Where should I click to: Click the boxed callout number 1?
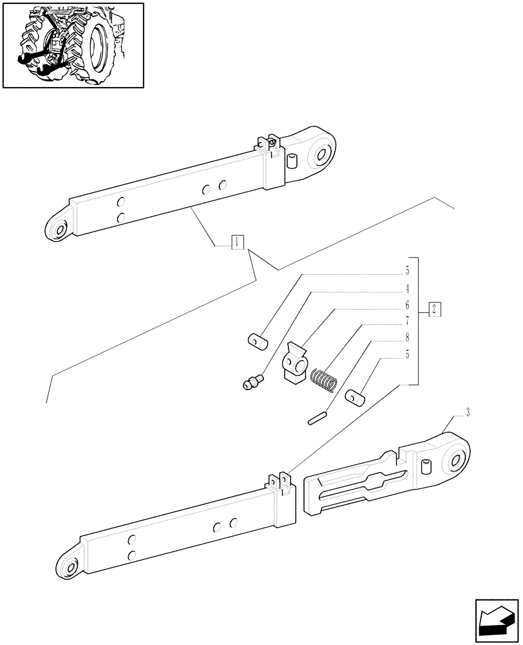pos(238,243)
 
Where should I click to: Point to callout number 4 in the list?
pos(407,288)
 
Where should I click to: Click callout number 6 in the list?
pos(407,305)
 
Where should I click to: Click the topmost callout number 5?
pos(407,271)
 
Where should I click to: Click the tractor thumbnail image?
pos(73,45)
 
